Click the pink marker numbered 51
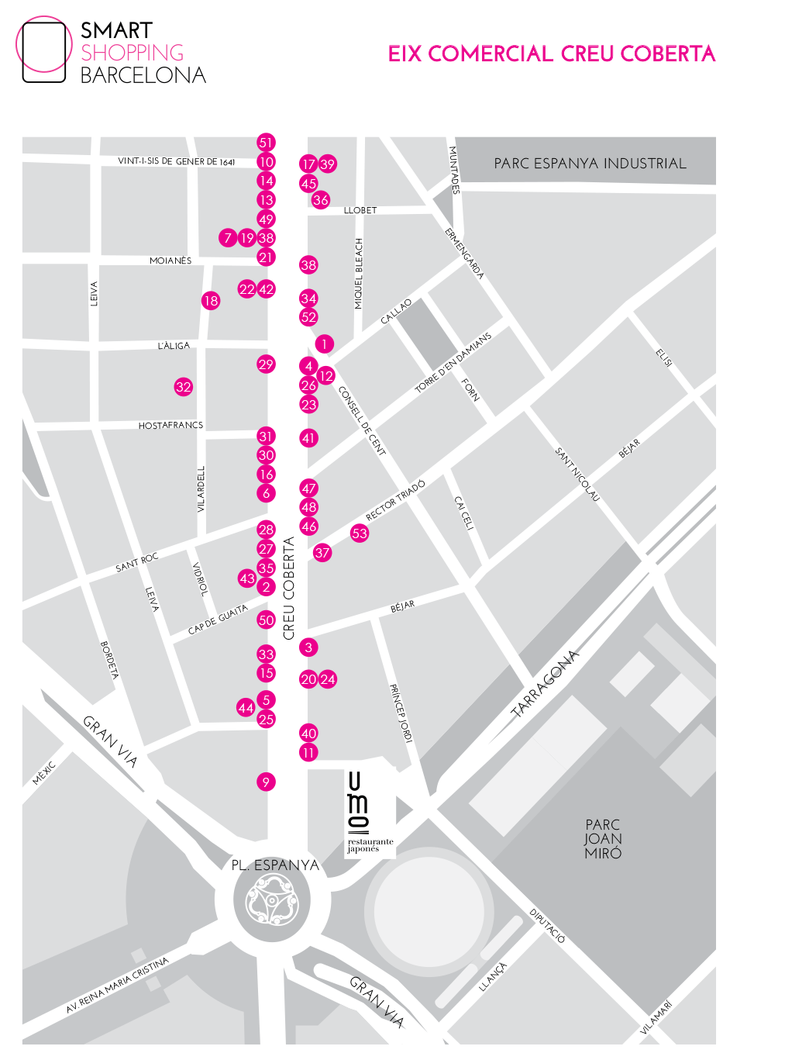click(266, 142)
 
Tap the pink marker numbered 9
click(266, 782)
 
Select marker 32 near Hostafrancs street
click(183, 387)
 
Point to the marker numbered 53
click(359, 533)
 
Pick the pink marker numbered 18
click(210, 301)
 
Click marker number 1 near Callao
click(324, 344)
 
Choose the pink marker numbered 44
click(246, 708)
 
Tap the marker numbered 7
click(227, 238)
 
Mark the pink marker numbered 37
click(322, 553)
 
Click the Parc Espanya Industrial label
click(590, 164)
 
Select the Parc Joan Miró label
click(603, 839)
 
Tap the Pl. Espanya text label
click(275, 865)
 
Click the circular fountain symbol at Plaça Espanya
click(272, 899)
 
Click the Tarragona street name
click(546, 683)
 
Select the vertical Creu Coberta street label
click(289, 588)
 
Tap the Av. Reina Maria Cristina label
click(117, 986)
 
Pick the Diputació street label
click(547, 925)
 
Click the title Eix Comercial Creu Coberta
click(551, 54)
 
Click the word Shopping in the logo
click(133, 53)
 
